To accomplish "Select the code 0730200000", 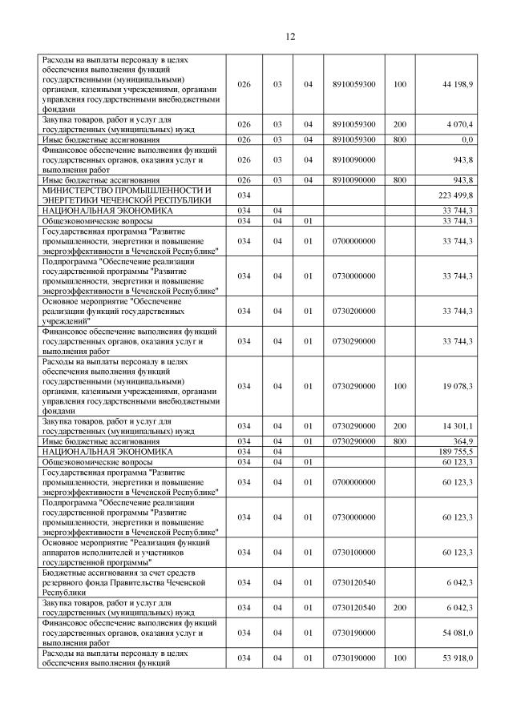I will pos(353,311).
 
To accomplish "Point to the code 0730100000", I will pos(353,552).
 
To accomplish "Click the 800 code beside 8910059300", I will pos(400,139).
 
